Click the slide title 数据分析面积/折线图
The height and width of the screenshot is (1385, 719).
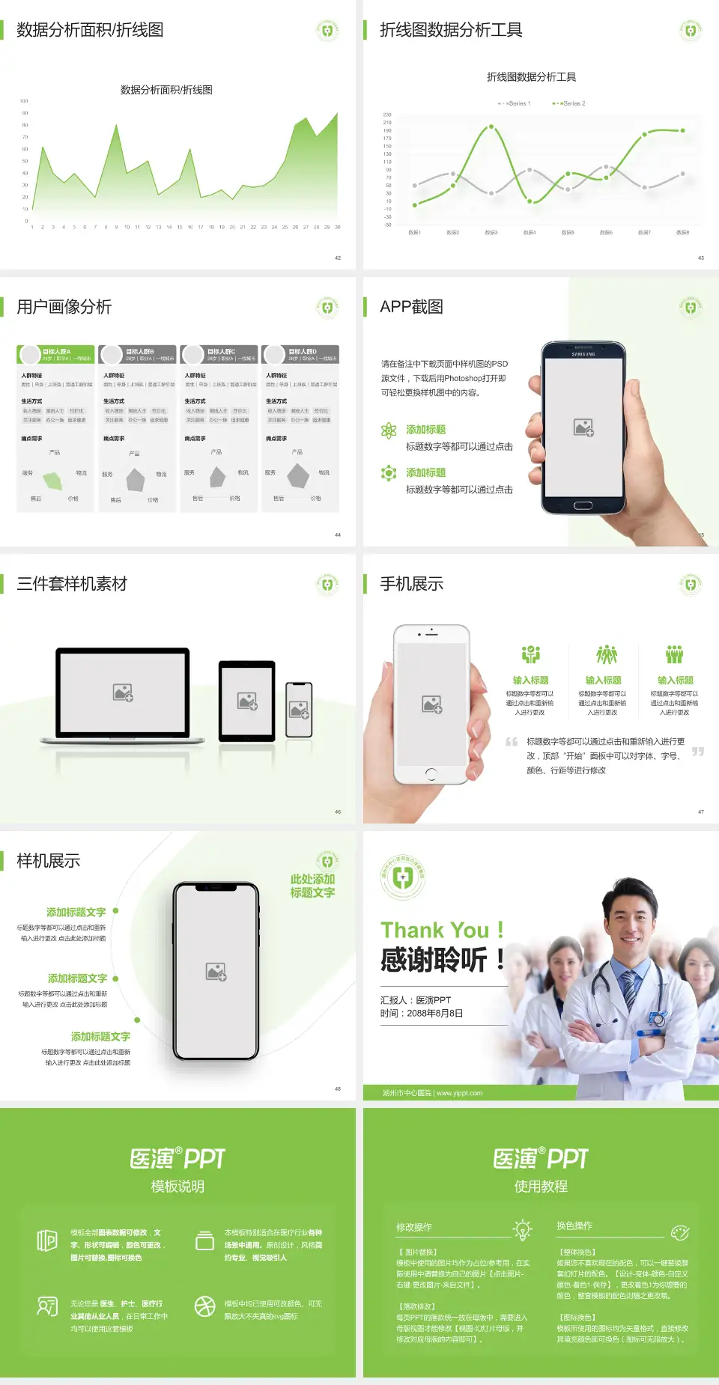[x=90, y=30]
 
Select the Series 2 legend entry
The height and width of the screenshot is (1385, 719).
[x=571, y=103]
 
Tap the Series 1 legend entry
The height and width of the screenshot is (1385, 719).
[x=515, y=103]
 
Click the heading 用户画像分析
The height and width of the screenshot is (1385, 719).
[x=64, y=307]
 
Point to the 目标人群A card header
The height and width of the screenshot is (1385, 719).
[x=57, y=354]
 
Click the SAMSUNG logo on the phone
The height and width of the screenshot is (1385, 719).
[x=583, y=354]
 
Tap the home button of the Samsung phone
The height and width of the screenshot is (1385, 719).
[x=583, y=505]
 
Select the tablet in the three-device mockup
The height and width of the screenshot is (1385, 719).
[x=247, y=701]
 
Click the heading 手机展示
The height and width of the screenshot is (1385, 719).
[x=411, y=584]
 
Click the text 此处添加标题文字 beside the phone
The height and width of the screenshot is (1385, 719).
[x=312, y=886]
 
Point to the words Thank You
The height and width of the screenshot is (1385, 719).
[x=434, y=930]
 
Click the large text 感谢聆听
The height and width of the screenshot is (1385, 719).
[x=434, y=960]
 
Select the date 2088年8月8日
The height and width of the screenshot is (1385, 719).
[x=434, y=1014]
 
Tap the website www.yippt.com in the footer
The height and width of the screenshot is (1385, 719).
[x=460, y=1093]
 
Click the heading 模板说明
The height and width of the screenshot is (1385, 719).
[x=178, y=1187]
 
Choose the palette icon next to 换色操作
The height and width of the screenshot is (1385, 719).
[x=680, y=1232]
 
